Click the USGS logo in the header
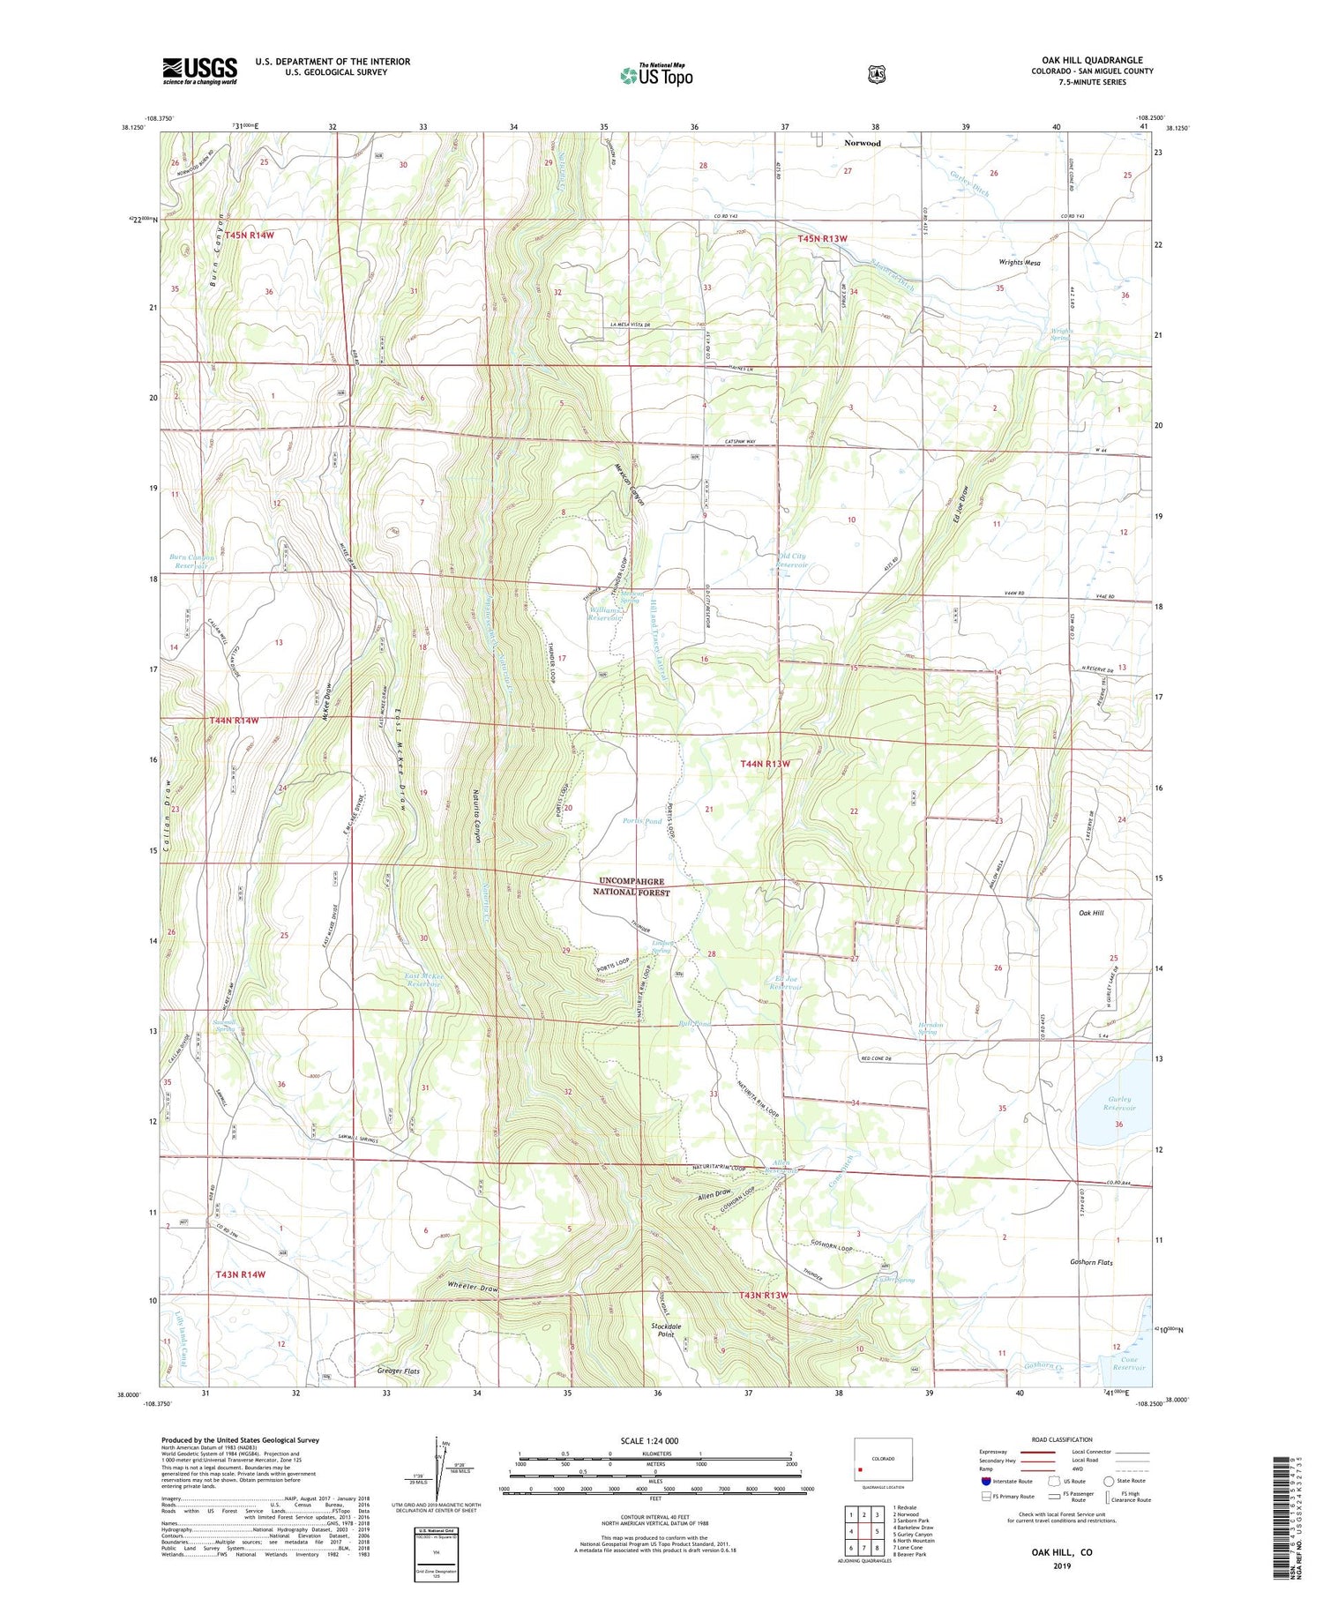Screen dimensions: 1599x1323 pos(199,71)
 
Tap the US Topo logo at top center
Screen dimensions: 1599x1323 pos(656,75)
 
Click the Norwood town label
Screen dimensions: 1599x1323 pos(861,143)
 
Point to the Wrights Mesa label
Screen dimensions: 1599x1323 pos(1019,263)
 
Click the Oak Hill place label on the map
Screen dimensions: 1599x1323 pos(1086,913)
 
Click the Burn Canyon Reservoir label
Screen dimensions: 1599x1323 pos(191,562)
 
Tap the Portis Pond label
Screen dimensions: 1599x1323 pos(641,821)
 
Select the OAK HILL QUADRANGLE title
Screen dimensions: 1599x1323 pos(1092,61)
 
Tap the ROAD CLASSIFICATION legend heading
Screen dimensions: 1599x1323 pos(1054,1439)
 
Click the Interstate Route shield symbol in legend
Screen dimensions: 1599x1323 pos(986,1482)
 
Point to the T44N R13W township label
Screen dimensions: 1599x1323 pos(765,764)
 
